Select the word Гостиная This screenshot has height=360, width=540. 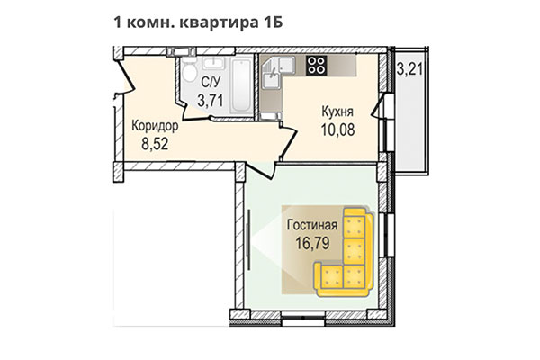click(x=314, y=225)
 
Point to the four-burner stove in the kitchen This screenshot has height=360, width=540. click(x=317, y=64)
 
